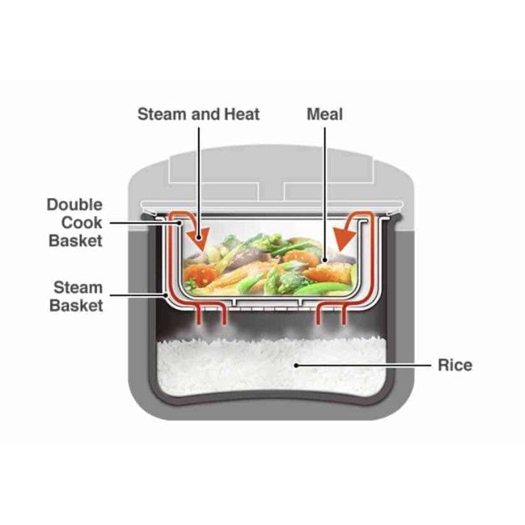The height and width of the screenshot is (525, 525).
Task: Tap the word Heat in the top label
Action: click(241, 114)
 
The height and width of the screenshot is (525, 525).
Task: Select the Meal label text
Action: click(325, 114)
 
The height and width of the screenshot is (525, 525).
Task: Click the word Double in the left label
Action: click(74, 205)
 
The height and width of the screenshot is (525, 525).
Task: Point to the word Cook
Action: click(83, 223)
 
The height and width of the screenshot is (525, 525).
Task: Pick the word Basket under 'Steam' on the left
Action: click(76, 305)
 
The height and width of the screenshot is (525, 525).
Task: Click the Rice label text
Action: click(455, 365)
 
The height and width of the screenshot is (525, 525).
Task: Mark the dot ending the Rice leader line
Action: click(297, 365)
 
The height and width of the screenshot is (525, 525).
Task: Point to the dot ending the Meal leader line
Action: click(325, 261)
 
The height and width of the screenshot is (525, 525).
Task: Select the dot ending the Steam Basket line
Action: click(166, 295)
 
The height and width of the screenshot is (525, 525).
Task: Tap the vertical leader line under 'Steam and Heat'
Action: click(199, 180)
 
